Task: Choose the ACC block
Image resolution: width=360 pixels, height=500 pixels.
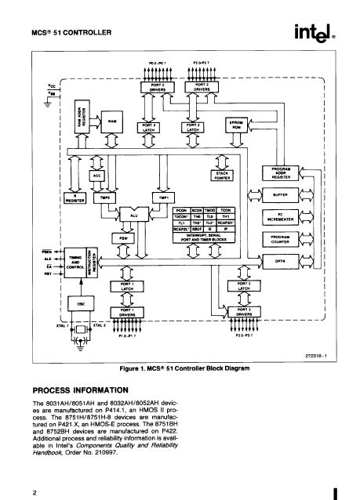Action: tap(98, 176)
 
